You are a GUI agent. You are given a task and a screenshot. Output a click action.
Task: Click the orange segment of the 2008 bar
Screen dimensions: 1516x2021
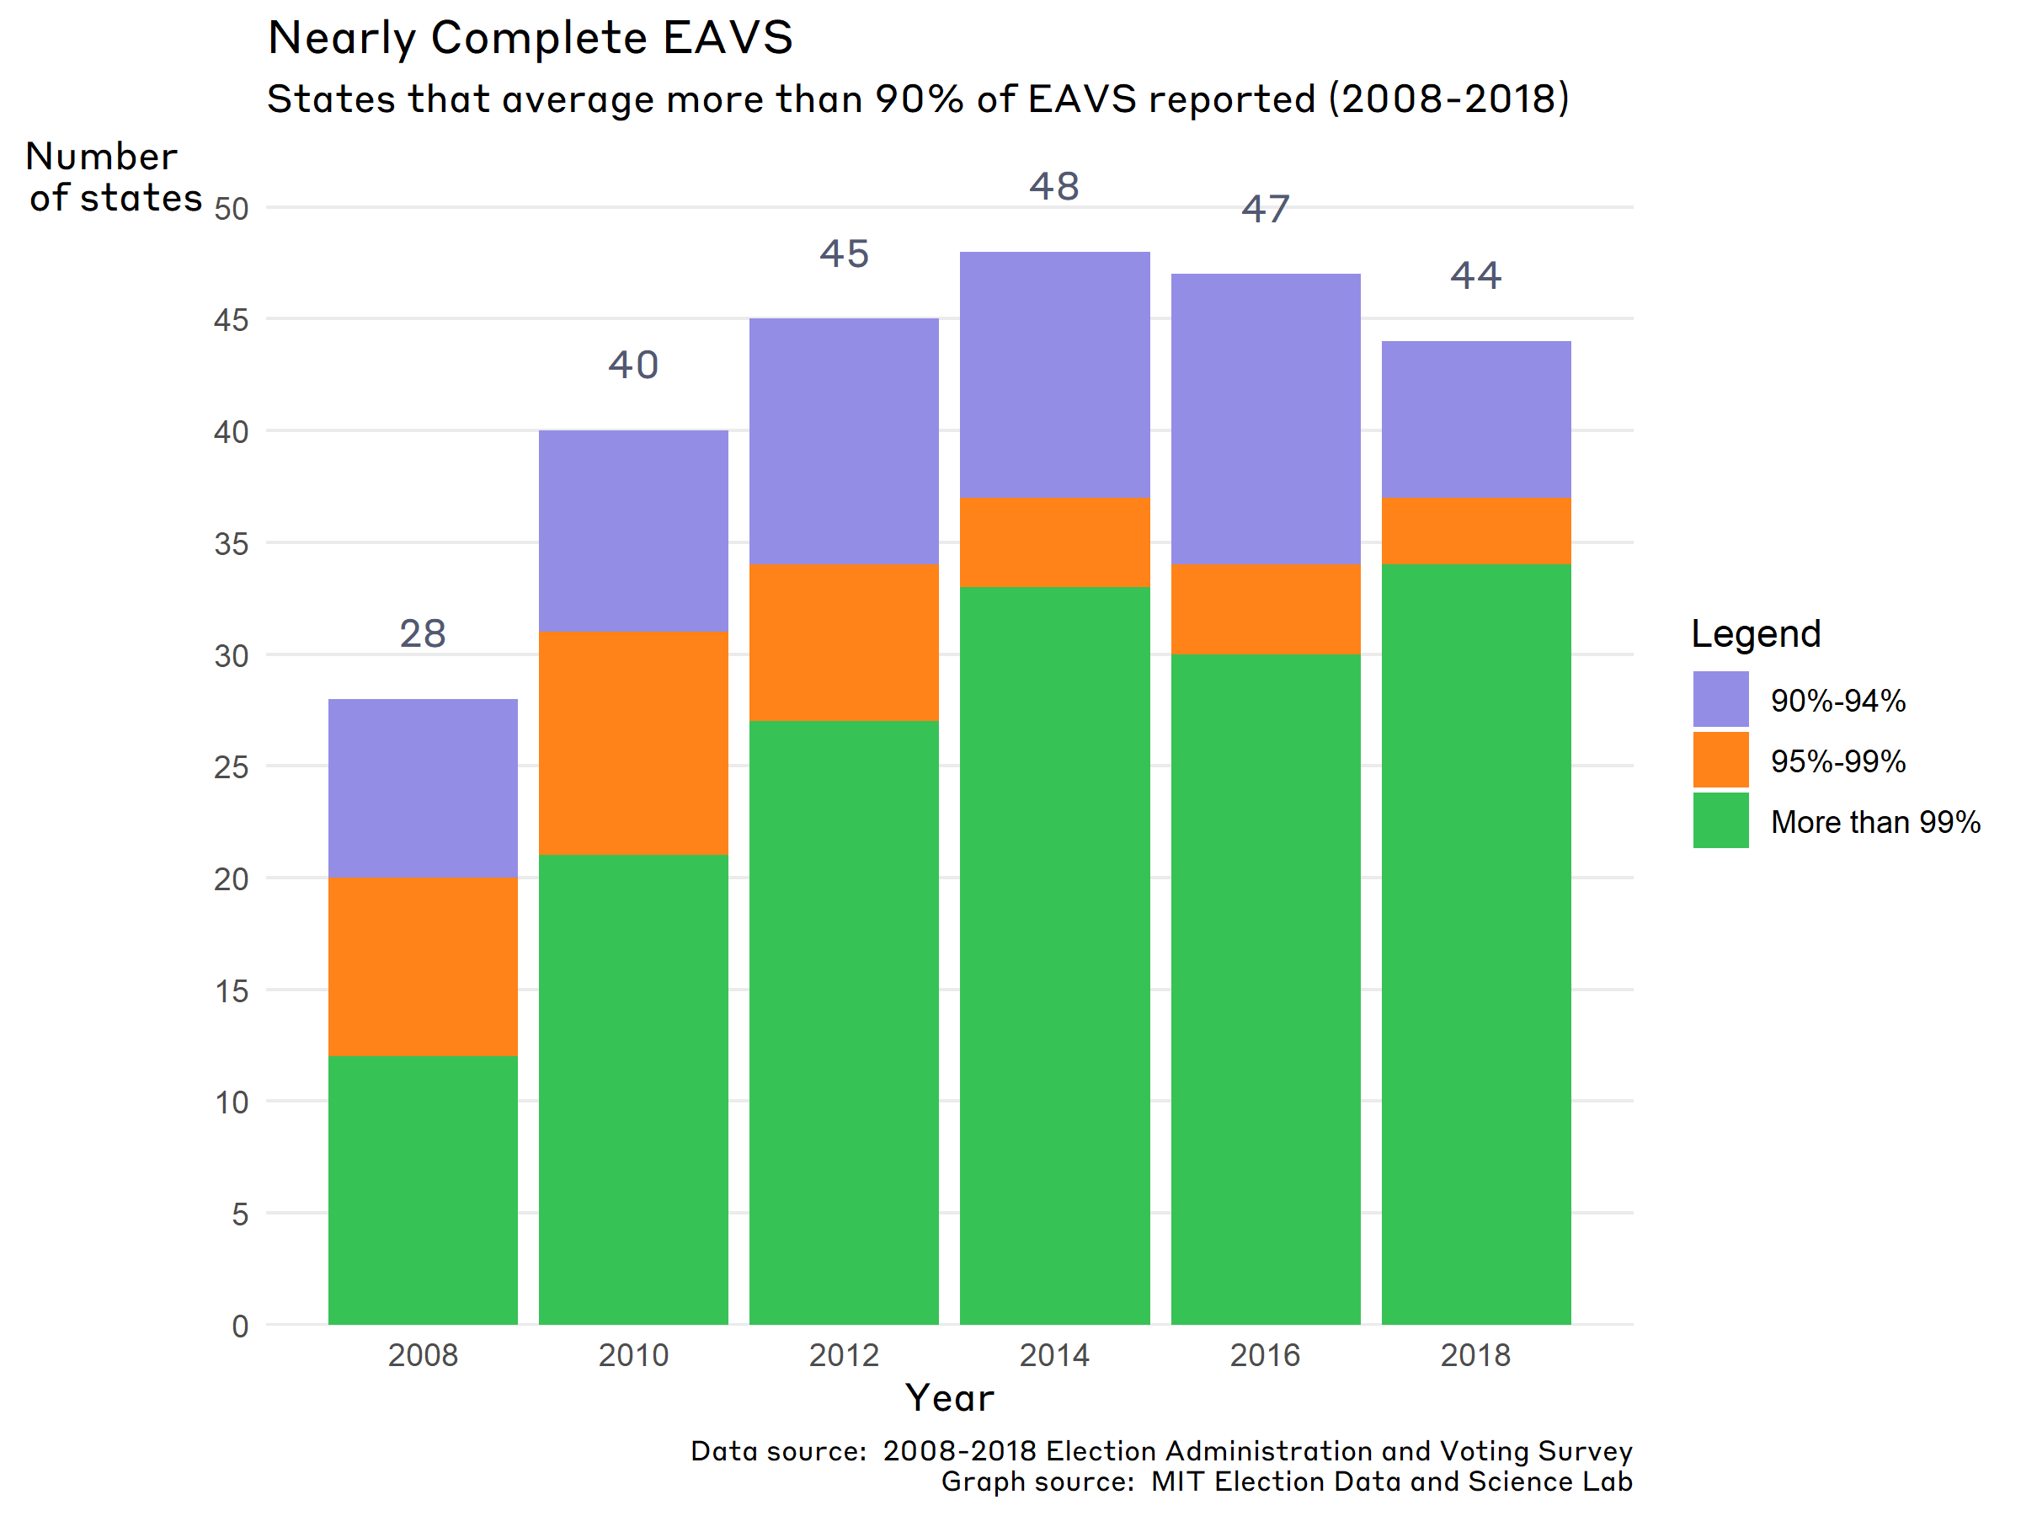click(x=423, y=966)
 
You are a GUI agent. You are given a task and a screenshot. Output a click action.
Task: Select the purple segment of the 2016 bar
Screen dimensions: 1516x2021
click(x=1266, y=419)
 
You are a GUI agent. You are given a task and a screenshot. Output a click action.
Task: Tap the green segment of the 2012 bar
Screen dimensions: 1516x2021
click(x=843, y=1022)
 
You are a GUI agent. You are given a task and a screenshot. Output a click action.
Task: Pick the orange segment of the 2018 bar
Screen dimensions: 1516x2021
click(x=1475, y=531)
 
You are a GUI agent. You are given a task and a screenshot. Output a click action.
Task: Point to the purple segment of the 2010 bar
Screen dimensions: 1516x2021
click(x=633, y=531)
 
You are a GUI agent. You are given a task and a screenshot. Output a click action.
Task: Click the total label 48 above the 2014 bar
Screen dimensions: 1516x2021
click(x=1054, y=186)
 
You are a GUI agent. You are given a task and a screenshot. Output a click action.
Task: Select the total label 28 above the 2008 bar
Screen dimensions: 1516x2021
click(x=423, y=633)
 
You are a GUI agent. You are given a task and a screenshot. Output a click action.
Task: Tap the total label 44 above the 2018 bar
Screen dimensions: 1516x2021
click(x=1475, y=275)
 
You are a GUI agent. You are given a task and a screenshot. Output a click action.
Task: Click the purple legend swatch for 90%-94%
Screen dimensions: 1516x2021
click(x=1720, y=699)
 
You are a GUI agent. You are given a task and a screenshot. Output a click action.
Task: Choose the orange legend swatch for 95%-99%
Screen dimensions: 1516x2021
click(x=1720, y=760)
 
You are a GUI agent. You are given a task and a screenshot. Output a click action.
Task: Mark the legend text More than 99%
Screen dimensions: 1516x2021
click(x=1874, y=821)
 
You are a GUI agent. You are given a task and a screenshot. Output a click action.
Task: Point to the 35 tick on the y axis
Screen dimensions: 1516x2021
click(x=232, y=545)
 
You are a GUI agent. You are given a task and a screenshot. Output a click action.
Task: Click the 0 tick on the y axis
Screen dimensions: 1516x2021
click(x=239, y=1326)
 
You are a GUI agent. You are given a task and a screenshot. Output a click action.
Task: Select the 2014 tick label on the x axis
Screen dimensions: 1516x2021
click(x=1054, y=1354)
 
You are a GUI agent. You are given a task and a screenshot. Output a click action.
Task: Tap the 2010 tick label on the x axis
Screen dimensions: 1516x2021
click(x=633, y=1354)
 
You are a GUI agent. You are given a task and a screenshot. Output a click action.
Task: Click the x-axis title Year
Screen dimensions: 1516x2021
click(x=949, y=1398)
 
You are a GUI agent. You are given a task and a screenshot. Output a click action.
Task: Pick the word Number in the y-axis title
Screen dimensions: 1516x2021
click(x=101, y=157)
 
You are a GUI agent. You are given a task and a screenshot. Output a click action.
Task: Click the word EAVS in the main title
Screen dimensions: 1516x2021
click(x=728, y=39)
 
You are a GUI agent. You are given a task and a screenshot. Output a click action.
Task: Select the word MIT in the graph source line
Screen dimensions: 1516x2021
click(x=1178, y=1481)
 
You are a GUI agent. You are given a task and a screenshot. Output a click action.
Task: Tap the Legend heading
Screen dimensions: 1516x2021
click(x=1755, y=633)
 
